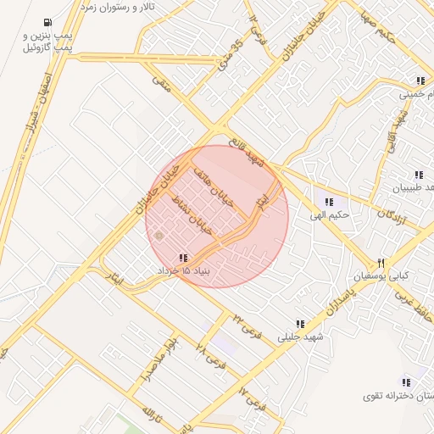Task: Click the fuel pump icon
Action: tap(45, 23)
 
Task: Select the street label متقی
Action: tap(160, 82)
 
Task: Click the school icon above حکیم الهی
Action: tap(329, 202)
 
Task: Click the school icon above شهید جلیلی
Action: tap(300, 324)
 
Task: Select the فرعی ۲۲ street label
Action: tap(242, 320)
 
